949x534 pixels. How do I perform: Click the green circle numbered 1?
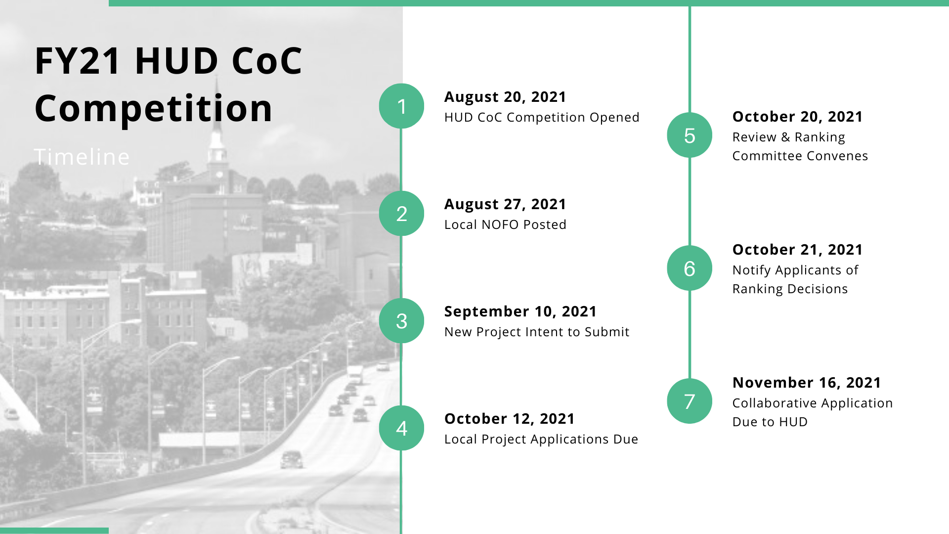click(401, 106)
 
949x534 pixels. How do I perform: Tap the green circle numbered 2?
click(401, 213)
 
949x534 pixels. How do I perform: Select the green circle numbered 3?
click(401, 320)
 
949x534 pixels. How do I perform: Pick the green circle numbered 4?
click(401, 428)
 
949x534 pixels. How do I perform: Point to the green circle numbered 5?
click(690, 135)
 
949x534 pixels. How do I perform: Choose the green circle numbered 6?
click(690, 268)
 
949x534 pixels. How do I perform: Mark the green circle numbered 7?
click(690, 401)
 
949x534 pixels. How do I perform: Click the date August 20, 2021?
click(505, 97)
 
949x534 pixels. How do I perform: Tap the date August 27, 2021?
click(505, 204)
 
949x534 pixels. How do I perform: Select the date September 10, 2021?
click(520, 311)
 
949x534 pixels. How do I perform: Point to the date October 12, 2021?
click(510, 419)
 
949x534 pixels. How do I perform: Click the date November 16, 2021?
click(807, 383)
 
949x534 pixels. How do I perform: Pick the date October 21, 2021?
click(797, 250)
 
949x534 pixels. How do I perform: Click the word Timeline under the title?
click(82, 157)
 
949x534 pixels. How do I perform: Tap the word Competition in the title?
click(154, 108)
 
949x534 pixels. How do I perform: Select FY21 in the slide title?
click(78, 61)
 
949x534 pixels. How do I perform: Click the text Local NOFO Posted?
click(505, 224)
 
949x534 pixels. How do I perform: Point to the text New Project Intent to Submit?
click(537, 332)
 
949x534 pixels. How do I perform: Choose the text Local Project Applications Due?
click(541, 439)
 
